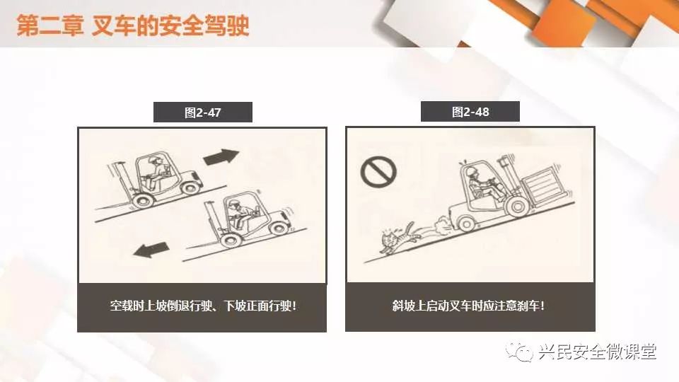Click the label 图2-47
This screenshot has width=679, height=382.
click(203, 112)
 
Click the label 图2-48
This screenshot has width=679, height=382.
click(470, 112)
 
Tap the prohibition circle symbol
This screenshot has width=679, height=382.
click(378, 172)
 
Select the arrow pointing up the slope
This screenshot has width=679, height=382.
click(221, 157)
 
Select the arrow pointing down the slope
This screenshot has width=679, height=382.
click(151, 250)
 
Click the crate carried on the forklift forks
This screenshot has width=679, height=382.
click(542, 187)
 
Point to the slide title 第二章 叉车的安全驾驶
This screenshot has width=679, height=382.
click(133, 25)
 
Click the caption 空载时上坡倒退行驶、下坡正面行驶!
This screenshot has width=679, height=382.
click(203, 306)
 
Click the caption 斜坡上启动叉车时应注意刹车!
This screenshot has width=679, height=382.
click(468, 306)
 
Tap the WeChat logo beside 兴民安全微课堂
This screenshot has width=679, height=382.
click(519, 352)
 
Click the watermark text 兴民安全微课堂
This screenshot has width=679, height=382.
click(598, 352)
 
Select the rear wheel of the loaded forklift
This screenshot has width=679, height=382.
click(466, 224)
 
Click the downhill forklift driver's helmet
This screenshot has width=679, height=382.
click(234, 203)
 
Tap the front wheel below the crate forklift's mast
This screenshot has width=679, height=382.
click(518, 207)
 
